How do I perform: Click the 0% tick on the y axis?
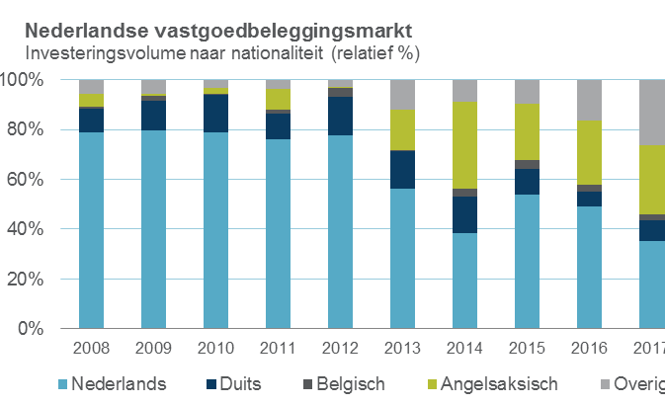[x=29, y=329]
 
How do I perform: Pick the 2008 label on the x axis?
[x=91, y=350]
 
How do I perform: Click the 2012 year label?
[x=340, y=350]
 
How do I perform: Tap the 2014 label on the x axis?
[x=464, y=350]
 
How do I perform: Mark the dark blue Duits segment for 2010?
[x=215, y=113]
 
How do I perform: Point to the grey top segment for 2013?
[x=402, y=95]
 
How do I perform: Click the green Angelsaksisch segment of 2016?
[x=589, y=152]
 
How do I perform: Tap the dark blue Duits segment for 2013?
[x=402, y=169]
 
